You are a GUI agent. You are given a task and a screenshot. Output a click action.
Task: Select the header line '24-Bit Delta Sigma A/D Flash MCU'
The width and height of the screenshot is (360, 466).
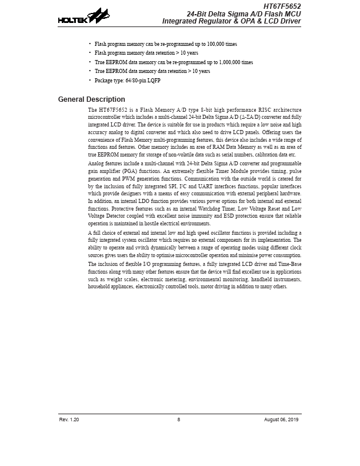[x=244, y=14]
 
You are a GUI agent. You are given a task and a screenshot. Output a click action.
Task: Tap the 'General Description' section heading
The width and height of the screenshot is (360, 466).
[x=91, y=99]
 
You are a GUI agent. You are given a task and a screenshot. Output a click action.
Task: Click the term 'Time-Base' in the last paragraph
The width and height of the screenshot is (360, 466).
[x=289, y=264]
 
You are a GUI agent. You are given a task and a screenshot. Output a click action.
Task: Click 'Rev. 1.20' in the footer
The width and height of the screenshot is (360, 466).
[x=69, y=419]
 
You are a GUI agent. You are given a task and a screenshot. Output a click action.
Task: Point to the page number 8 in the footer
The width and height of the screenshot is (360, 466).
[x=179, y=419]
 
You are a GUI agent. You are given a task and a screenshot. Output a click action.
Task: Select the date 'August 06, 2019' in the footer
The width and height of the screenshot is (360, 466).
[x=282, y=419]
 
